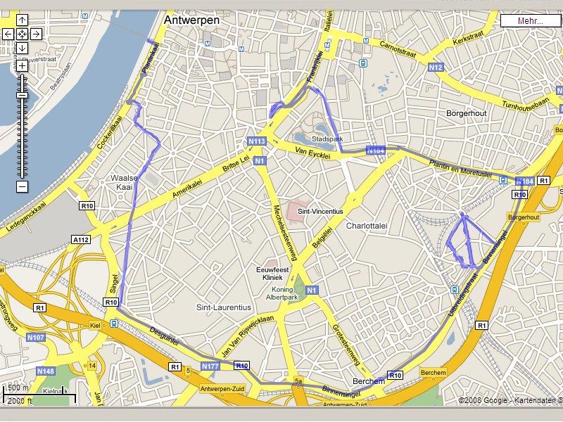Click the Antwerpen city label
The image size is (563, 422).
191,20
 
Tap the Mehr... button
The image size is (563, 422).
530,20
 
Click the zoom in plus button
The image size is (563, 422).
22,65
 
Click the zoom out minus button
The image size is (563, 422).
22,186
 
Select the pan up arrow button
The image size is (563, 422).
22,20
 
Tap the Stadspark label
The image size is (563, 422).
328,139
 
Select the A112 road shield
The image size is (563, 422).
81,240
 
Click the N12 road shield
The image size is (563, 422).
436,68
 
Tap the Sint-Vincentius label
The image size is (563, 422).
320,210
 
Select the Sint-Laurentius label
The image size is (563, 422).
223,307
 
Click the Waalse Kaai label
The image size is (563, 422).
124,183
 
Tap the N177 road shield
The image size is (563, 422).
210,366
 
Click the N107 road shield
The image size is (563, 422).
36,338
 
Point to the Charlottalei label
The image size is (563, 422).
367,226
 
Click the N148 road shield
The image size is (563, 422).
45,371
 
